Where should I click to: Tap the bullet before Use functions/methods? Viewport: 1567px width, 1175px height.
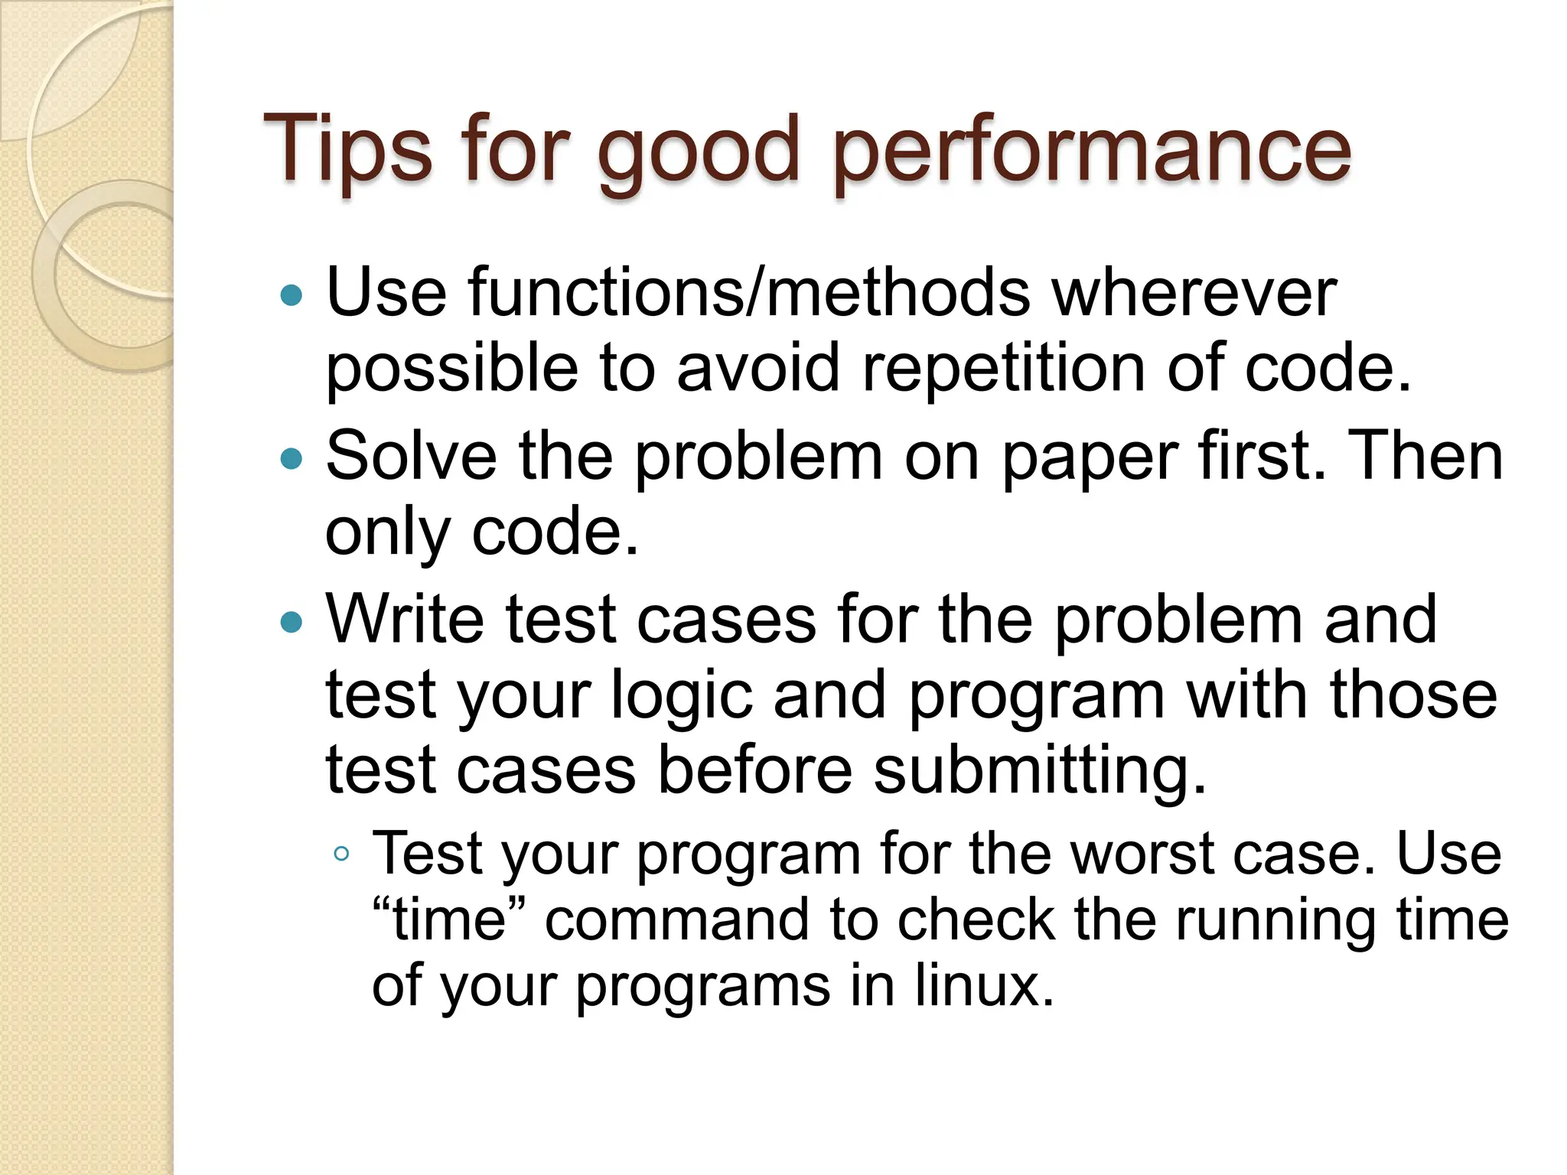pyautogui.click(x=292, y=295)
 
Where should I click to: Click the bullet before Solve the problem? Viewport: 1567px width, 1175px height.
pyautogui.click(x=292, y=458)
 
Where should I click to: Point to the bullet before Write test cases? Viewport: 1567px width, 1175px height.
pyautogui.click(x=292, y=621)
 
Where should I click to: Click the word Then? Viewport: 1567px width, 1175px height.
pyautogui.click(x=1424, y=457)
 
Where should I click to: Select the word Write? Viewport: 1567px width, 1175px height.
pyautogui.click(x=406, y=619)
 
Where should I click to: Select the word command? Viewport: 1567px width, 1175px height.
pyautogui.click(x=676, y=919)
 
